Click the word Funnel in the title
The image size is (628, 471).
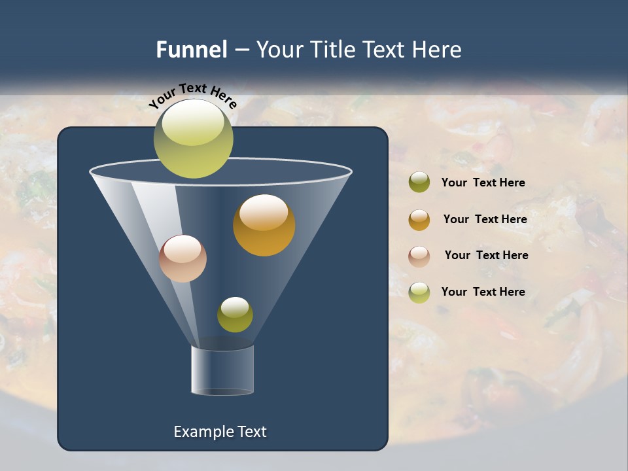pyautogui.click(x=192, y=50)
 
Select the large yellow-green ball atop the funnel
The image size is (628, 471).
pyautogui.click(x=193, y=139)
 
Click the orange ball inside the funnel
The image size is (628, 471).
pyautogui.click(x=264, y=225)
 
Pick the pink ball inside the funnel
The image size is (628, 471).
pyautogui.click(x=183, y=258)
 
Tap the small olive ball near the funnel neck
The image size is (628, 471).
pyautogui.click(x=235, y=315)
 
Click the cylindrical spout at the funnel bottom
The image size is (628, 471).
pyautogui.click(x=222, y=370)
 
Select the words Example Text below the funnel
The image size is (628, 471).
pyautogui.click(x=220, y=432)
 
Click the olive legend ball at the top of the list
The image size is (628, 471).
pyautogui.click(x=419, y=183)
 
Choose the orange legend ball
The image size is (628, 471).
pyautogui.click(x=419, y=219)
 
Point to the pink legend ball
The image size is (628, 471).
pyautogui.click(x=419, y=256)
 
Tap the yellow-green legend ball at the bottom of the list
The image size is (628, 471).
pyautogui.click(x=419, y=292)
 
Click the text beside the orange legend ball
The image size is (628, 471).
pyautogui.click(x=485, y=219)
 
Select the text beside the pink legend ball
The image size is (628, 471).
pyautogui.click(x=486, y=255)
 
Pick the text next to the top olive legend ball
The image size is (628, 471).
pyautogui.click(x=483, y=183)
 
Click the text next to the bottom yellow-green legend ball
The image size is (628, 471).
pyautogui.click(x=483, y=292)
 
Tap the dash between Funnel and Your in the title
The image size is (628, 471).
pyautogui.click(x=241, y=50)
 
